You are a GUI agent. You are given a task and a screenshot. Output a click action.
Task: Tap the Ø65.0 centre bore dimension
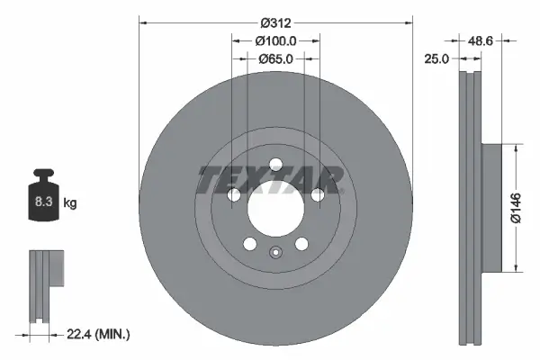coord(274,59)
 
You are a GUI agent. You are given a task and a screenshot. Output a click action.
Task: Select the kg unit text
coord(70,204)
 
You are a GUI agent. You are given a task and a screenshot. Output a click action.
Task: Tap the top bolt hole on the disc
coord(274,163)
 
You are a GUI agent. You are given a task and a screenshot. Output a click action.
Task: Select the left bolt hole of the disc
coord(233,195)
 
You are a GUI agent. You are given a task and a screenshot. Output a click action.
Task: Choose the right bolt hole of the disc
coord(317,195)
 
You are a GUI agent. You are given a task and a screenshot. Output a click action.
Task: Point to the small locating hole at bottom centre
coord(274,252)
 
